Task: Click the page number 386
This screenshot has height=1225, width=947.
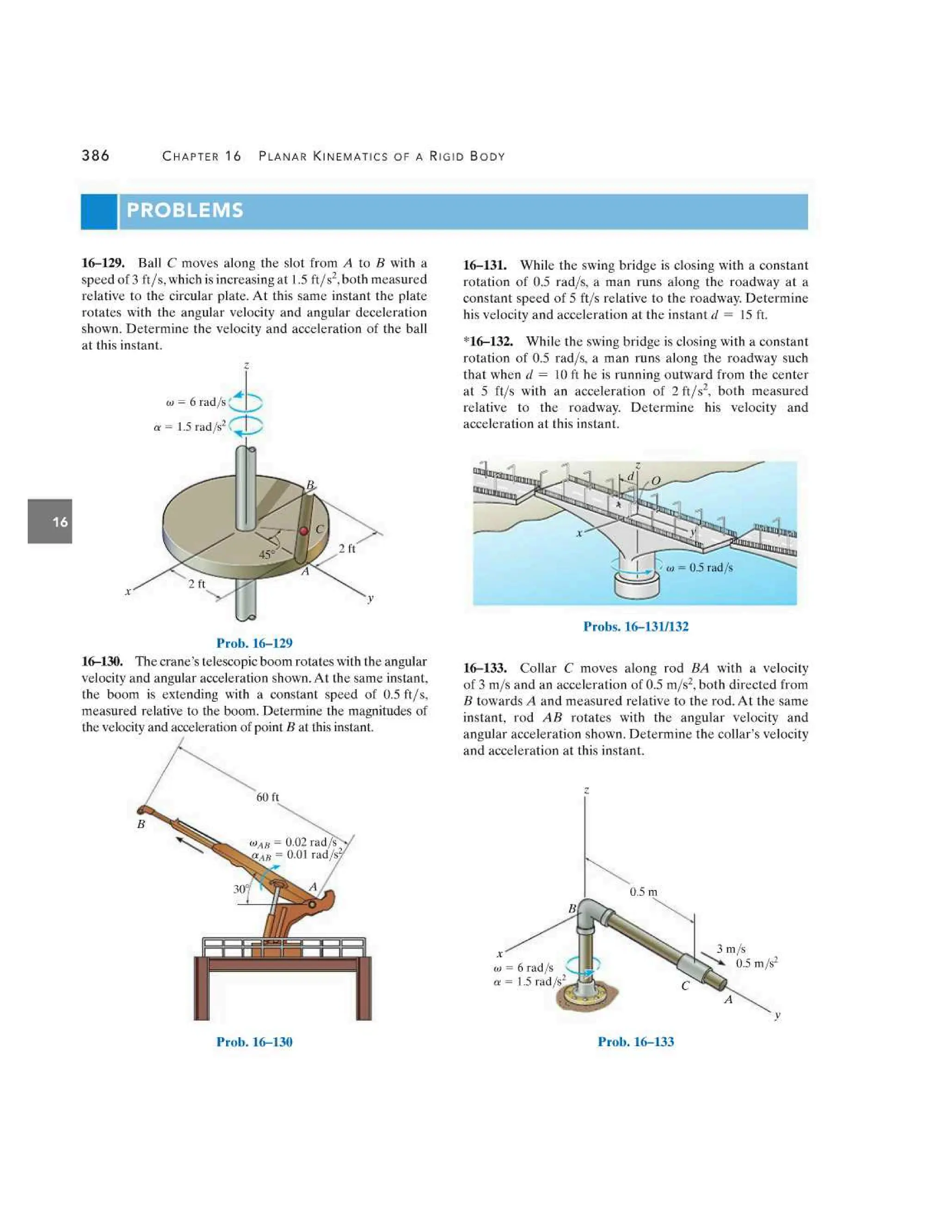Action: click(x=95, y=155)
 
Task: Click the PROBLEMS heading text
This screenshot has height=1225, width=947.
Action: click(x=184, y=210)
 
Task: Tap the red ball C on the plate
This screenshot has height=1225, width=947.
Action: click(x=303, y=531)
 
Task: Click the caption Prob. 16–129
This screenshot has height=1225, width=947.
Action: click(x=254, y=643)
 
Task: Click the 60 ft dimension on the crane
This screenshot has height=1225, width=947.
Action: click(x=268, y=797)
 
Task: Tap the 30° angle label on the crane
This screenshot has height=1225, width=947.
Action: click(x=240, y=889)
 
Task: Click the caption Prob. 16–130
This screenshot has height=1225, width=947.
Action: click(x=254, y=1041)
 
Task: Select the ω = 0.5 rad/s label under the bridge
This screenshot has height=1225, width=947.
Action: click(x=700, y=567)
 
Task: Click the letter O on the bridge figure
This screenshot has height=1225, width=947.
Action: click(x=656, y=480)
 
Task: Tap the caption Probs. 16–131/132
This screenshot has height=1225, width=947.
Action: click(x=636, y=626)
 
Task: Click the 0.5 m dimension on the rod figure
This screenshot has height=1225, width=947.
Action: click(x=643, y=891)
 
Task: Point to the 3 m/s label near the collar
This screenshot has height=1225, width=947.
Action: click(x=731, y=949)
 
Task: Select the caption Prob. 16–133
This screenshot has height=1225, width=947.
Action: click(x=636, y=1041)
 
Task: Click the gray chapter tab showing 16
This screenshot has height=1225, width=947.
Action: click(x=50, y=521)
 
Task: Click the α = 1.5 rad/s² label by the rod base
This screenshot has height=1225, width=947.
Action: click(x=529, y=981)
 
